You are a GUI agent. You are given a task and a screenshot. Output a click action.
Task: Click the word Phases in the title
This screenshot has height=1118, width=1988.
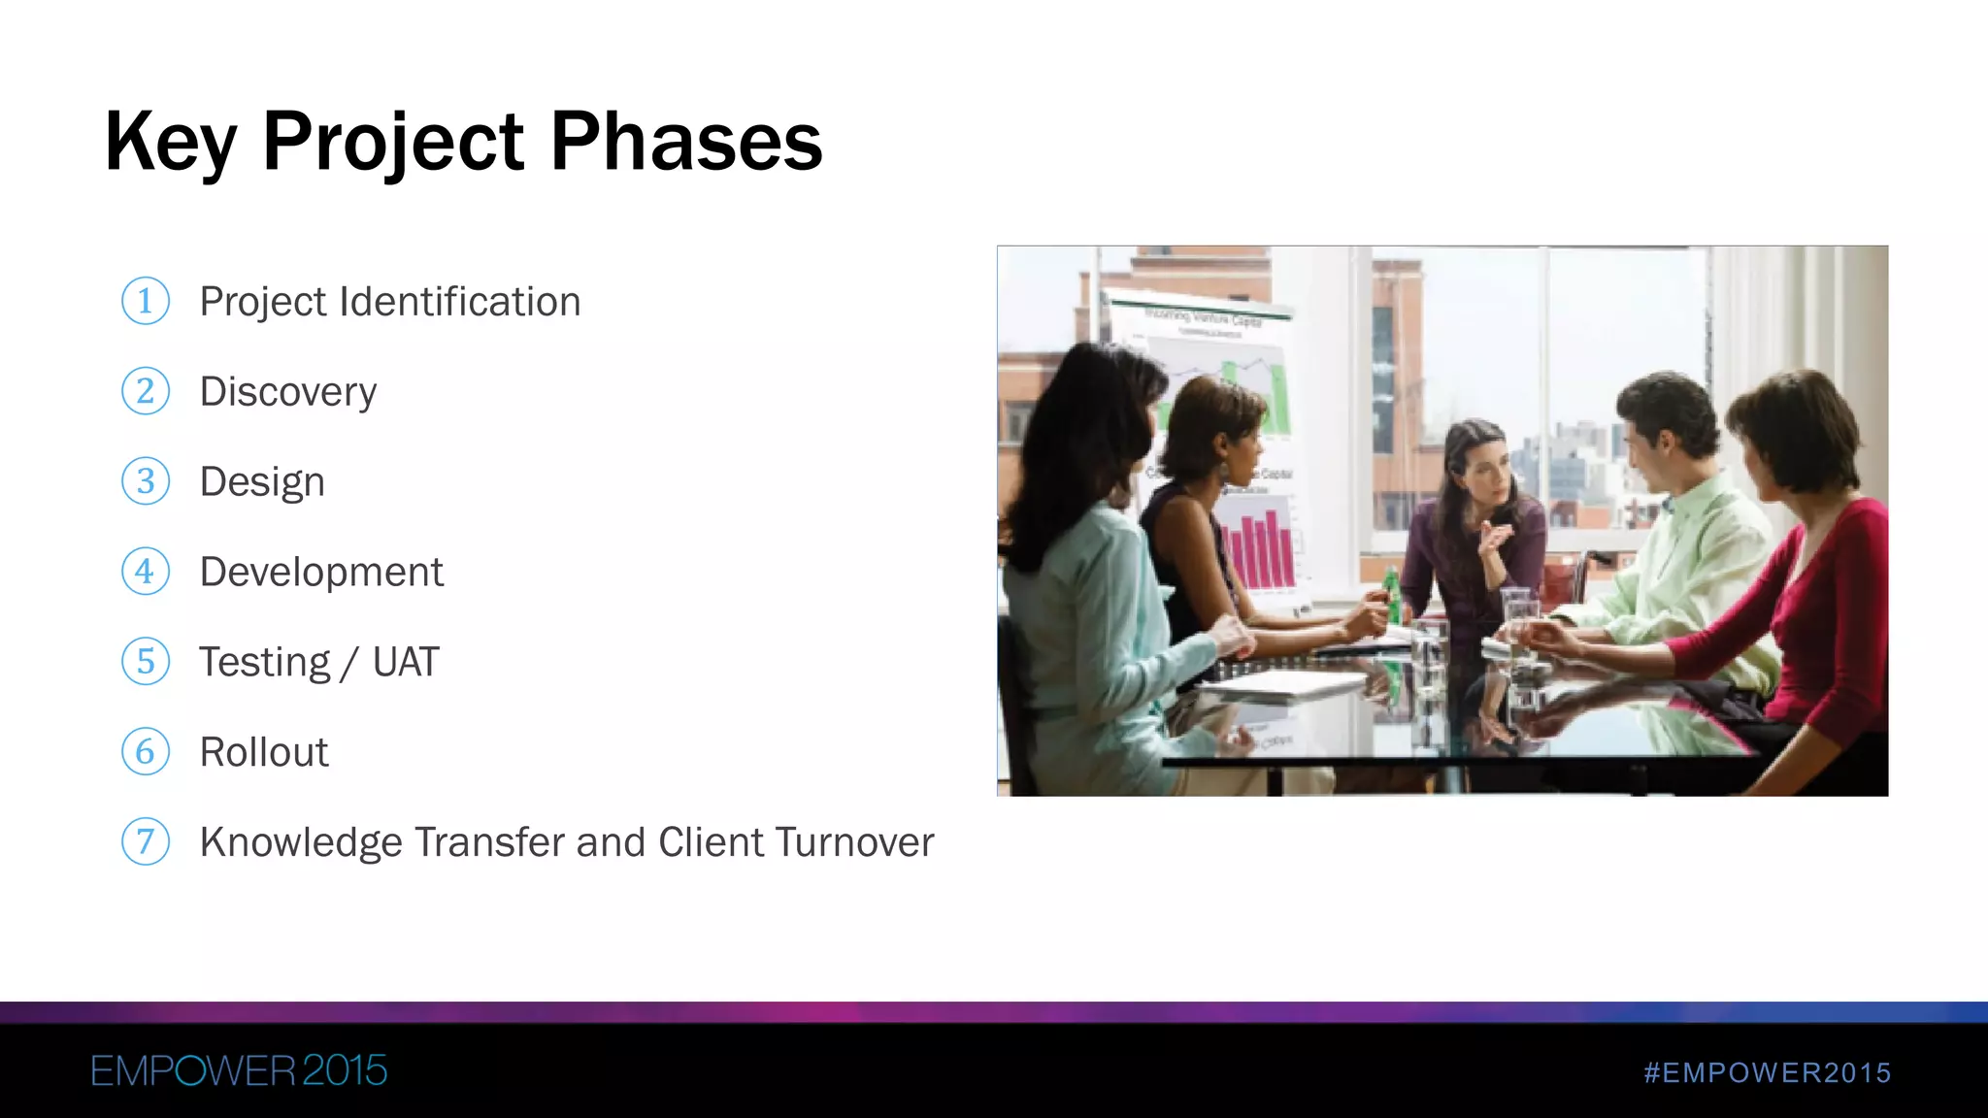(686, 142)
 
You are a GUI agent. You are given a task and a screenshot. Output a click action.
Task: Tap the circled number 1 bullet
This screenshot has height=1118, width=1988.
(146, 301)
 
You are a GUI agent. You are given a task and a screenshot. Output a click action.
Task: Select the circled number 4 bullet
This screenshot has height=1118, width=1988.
(146, 572)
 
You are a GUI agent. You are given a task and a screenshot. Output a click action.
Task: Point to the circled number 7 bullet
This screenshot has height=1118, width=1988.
(146, 841)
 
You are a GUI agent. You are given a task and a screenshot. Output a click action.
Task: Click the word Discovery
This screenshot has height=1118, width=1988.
(287, 392)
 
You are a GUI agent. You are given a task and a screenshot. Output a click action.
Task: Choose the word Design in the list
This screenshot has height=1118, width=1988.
(261, 482)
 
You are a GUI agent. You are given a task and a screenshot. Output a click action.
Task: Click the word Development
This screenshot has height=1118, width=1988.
(320, 573)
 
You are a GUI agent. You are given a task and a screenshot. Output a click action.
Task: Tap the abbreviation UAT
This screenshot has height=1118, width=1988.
(406, 663)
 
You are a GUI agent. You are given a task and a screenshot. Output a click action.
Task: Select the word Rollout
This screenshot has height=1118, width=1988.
(263, 752)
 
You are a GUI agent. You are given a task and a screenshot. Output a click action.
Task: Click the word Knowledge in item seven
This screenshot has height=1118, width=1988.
(300, 842)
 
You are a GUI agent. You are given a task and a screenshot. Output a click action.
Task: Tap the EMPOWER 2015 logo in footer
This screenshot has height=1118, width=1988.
(239, 1071)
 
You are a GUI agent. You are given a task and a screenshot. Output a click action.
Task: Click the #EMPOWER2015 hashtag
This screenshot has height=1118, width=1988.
(1767, 1072)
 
